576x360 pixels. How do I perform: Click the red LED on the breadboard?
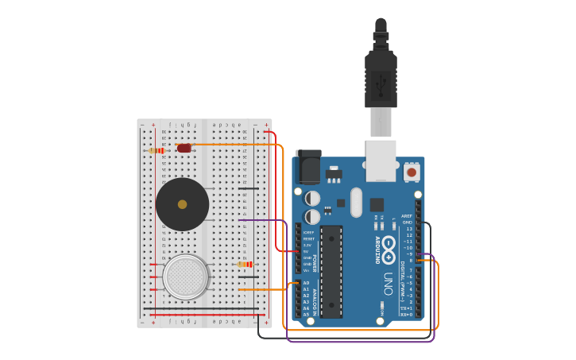pyautogui.click(x=184, y=148)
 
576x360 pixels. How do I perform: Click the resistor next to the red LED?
pyautogui.click(x=157, y=150)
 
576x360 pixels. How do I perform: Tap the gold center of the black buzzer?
pyautogui.click(x=182, y=204)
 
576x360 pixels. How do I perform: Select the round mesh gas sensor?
pyautogui.click(x=185, y=277)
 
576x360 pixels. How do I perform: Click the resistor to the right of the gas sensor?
pyautogui.click(x=245, y=264)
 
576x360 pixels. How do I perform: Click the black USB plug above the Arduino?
pyautogui.click(x=381, y=79)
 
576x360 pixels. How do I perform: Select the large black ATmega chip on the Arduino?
pyautogui.click(x=331, y=270)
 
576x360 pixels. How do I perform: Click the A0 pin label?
pyautogui.click(x=306, y=283)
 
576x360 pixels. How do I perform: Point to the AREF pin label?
pyautogui.click(x=407, y=216)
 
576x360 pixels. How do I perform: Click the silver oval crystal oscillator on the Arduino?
pyautogui.click(x=356, y=202)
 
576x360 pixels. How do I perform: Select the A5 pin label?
pyautogui.click(x=306, y=315)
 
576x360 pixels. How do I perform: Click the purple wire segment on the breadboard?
pyautogui.click(x=256, y=220)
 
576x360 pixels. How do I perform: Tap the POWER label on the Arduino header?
pyautogui.click(x=314, y=262)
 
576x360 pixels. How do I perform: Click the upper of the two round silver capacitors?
pyautogui.click(x=312, y=198)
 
